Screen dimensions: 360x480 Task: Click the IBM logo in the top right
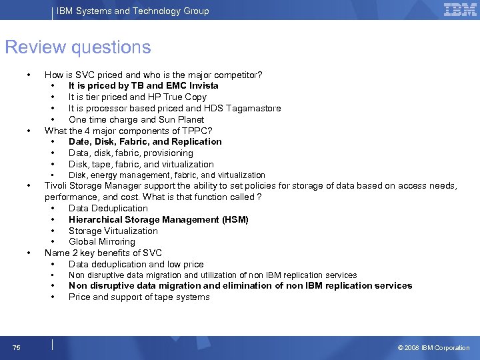tap(460, 10)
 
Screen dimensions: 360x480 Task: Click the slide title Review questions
tap(78, 48)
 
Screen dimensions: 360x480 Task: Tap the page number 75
tap(16, 347)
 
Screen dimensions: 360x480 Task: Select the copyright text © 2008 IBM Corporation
tap(433, 347)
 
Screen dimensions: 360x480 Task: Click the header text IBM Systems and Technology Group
tap(133, 11)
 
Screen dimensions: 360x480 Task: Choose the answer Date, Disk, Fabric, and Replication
tap(145, 142)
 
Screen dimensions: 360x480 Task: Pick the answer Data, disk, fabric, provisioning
tap(131, 153)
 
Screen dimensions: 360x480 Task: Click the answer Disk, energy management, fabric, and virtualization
tap(167, 175)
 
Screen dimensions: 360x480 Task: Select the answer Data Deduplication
tap(108, 209)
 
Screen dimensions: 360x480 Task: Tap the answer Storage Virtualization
tap(113, 231)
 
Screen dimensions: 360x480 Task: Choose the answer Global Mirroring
tap(101, 242)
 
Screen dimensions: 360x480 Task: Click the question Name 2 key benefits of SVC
tap(103, 253)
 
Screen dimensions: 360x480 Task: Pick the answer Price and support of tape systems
tap(139, 297)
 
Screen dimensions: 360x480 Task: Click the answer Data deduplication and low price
tap(136, 265)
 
